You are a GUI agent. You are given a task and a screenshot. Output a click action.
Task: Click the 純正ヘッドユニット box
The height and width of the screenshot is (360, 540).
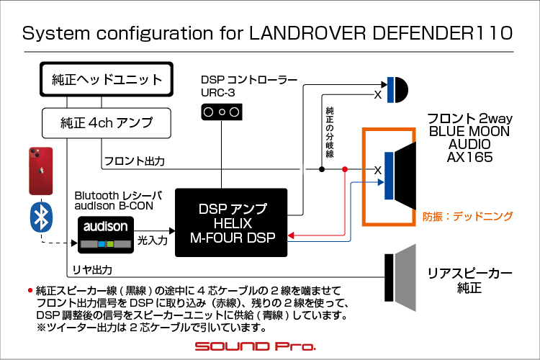tap(107, 79)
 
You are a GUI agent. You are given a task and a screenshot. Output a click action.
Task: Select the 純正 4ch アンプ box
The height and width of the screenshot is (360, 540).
tap(107, 123)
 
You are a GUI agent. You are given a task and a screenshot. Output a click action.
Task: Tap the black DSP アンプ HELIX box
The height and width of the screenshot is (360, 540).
tap(231, 222)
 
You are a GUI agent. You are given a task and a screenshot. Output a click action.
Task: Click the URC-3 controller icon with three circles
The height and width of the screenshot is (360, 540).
tap(222, 112)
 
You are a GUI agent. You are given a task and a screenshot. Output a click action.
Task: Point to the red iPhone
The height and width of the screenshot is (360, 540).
tap(41, 171)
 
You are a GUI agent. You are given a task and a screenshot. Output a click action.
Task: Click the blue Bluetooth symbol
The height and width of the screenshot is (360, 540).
tap(41, 217)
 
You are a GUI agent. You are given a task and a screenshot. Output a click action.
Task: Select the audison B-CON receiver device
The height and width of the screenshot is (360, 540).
tap(106, 235)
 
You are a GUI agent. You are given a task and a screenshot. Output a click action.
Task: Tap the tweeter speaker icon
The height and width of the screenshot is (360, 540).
tap(397, 90)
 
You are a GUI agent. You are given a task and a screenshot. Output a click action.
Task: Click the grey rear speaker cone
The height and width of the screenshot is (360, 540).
tap(405, 278)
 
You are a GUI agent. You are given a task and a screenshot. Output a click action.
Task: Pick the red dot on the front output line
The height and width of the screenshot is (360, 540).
tap(345, 169)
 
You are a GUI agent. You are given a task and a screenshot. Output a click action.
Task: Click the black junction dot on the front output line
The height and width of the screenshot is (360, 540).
tap(322, 169)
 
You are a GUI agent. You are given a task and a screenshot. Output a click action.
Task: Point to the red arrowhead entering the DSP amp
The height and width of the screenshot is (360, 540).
tap(291, 235)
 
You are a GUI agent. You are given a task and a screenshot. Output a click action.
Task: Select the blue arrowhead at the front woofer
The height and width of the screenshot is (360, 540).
tap(381, 182)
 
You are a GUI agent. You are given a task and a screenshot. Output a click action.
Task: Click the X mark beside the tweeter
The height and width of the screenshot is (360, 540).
tap(378, 95)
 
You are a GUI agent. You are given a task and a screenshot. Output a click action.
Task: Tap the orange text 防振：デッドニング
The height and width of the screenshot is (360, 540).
tap(468, 216)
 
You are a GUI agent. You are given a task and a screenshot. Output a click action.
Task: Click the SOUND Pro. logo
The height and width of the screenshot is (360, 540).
tap(255, 346)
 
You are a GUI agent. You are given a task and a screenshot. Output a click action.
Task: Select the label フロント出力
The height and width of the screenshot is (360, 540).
tap(135, 161)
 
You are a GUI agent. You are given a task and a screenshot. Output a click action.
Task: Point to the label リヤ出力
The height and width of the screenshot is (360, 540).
tap(92, 270)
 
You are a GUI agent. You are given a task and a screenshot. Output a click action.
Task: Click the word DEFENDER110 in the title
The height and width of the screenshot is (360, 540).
tap(443, 33)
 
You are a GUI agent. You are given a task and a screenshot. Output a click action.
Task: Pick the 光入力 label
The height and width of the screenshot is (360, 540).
tap(153, 240)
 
